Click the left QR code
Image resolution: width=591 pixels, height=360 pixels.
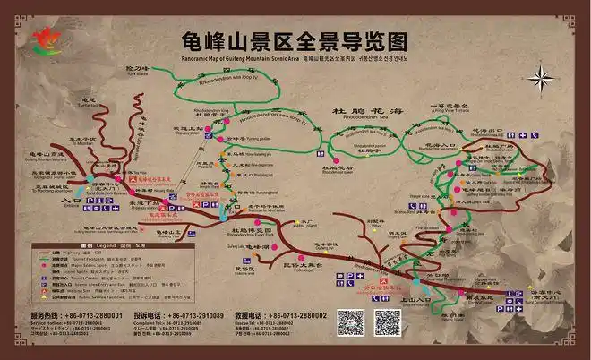[350, 322]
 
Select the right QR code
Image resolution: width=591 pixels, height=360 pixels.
[387, 322]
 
